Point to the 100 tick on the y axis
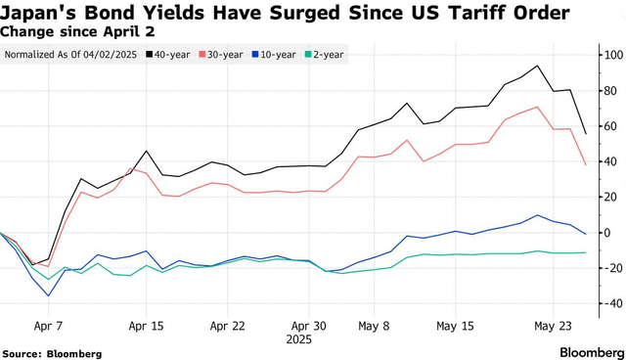coord(609,55)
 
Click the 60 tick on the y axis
coord(609,126)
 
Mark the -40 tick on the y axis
coord(609,304)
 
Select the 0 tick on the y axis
coord(609,233)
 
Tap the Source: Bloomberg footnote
coord(51,350)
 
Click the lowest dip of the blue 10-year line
coord(48,295)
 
